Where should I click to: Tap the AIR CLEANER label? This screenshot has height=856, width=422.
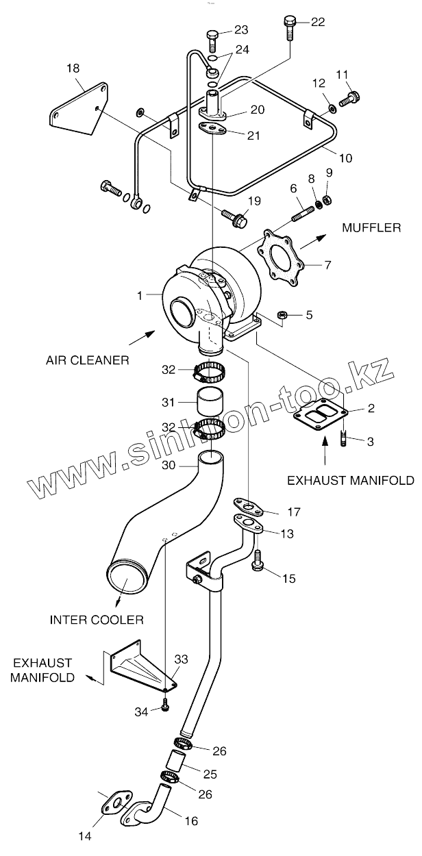88,359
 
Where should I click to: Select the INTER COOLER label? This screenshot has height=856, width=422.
97,620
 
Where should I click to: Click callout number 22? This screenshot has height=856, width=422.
318,22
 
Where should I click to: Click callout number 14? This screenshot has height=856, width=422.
84,835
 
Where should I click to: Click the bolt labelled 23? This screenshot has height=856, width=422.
212,37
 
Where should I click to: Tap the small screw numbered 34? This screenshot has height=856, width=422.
165,707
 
